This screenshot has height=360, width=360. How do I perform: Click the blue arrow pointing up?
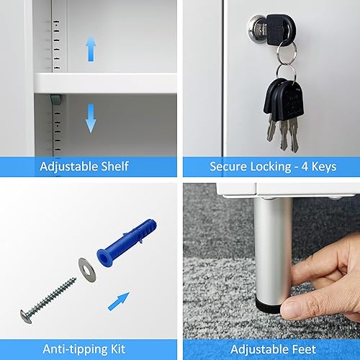coord(91,48)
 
